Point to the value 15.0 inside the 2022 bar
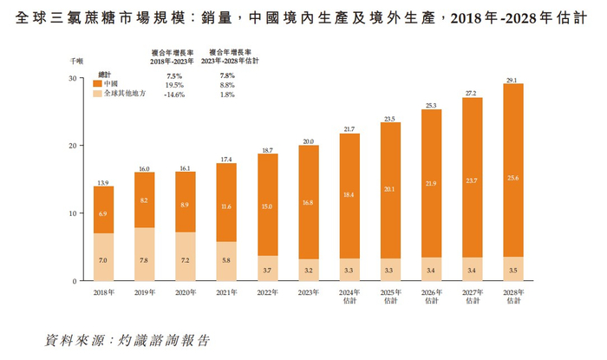tap(268, 207)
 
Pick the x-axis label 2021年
tap(226, 293)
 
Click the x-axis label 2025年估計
tap(390, 297)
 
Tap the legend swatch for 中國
tap(96, 84)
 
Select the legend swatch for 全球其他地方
tap(96, 94)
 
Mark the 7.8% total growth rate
tap(227, 76)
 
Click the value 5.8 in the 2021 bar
tap(226, 260)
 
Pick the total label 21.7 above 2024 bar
tap(349, 129)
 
